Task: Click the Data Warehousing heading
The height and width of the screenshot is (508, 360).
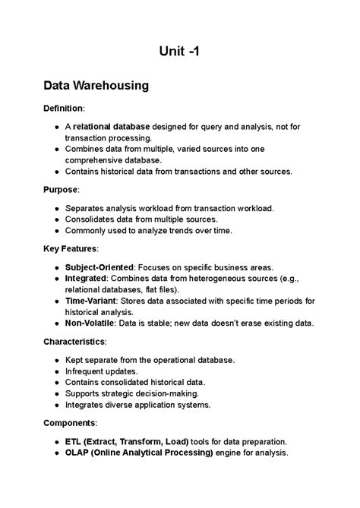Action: click(x=96, y=86)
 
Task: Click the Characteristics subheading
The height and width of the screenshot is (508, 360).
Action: click(x=77, y=341)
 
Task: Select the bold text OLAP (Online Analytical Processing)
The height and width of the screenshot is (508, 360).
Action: click(x=138, y=453)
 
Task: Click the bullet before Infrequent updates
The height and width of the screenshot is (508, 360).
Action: click(x=56, y=371)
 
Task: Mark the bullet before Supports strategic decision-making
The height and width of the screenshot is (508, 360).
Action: click(x=56, y=393)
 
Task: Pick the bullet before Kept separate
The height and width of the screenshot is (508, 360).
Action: click(x=56, y=359)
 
